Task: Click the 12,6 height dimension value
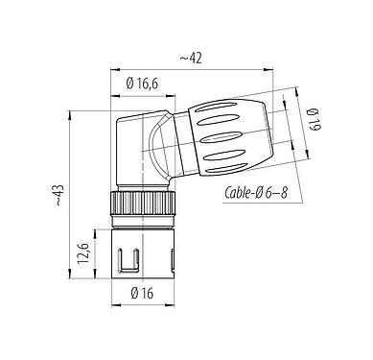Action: click(x=83, y=254)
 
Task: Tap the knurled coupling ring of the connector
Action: click(x=139, y=204)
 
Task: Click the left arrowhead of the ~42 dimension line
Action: click(x=114, y=70)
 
